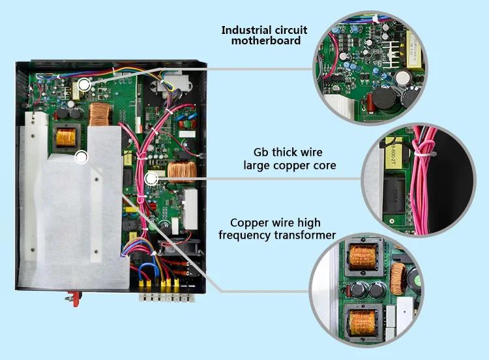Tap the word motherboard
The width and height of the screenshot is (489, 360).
(x=266, y=41)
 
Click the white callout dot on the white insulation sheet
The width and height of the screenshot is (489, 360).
(x=81, y=157)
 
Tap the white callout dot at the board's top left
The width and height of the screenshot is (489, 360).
(x=84, y=84)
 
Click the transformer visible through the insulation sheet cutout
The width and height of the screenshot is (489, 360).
(x=67, y=137)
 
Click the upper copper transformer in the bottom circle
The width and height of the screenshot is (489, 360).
(x=358, y=256)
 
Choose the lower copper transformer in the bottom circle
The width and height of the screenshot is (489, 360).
(x=362, y=319)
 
